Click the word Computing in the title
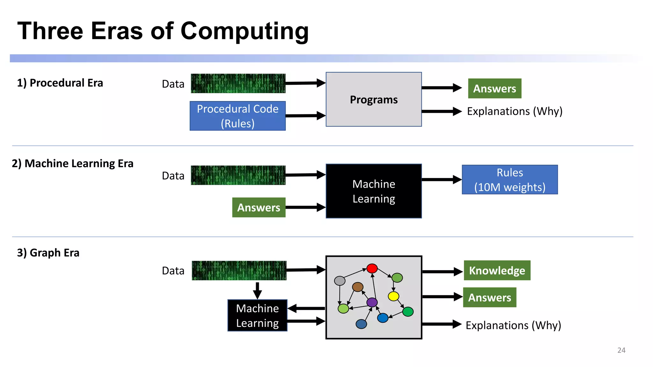(244, 31)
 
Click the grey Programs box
(373, 99)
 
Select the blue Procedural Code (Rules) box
(238, 116)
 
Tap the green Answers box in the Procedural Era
(494, 89)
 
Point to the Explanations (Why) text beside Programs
(514, 111)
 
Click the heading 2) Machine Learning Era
(72, 163)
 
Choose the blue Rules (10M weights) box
(510, 180)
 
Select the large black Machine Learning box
(373, 191)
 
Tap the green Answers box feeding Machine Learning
(259, 207)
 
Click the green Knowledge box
(497, 270)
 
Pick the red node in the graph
(372, 268)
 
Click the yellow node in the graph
(393, 296)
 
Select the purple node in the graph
(372, 302)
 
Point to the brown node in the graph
(357, 287)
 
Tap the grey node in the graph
(340, 281)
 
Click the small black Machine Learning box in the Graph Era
(257, 315)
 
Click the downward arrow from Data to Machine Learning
(257, 290)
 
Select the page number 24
(621, 350)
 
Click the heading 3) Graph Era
(48, 253)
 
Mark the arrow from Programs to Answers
(441, 88)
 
